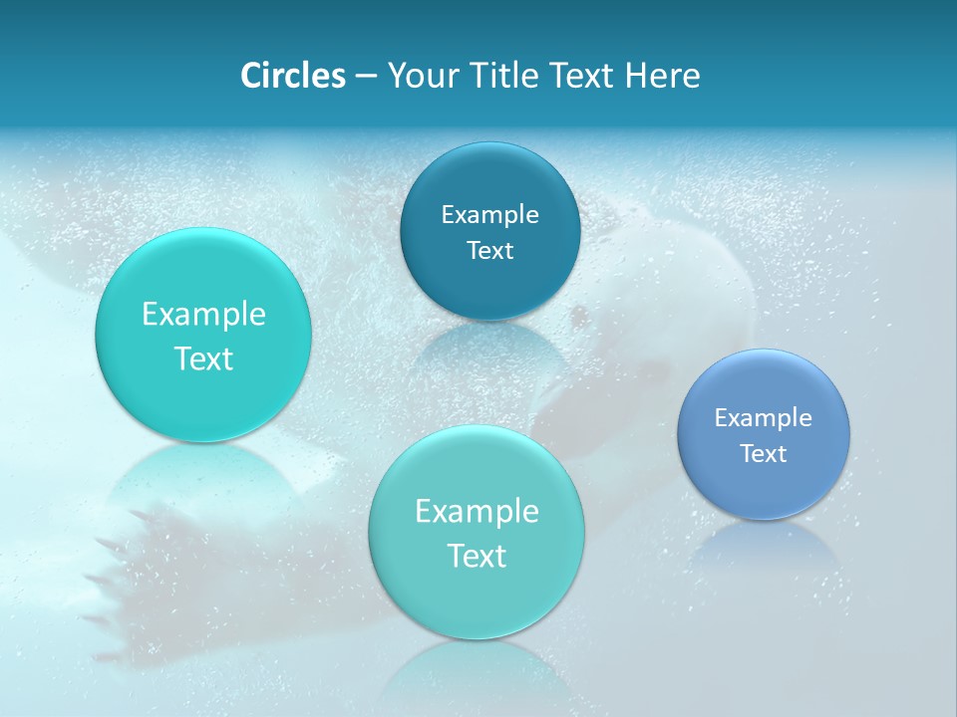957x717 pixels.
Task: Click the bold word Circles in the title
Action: (x=292, y=76)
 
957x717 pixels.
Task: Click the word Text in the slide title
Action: (x=581, y=76)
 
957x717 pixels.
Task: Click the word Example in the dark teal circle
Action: (x=489, y=214)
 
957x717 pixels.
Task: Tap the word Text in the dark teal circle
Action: (x=489, y=250)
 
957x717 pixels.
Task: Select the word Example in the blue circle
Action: (x=763, y=417)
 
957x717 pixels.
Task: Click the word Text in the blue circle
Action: (x=763, y=453)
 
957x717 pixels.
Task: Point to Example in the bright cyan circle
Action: (x=203, y=314)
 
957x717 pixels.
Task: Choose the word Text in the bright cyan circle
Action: (x=203, y=358)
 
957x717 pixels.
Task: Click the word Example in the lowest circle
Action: (x=477, y=511)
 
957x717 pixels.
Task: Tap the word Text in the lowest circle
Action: (x=477, y=556)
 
